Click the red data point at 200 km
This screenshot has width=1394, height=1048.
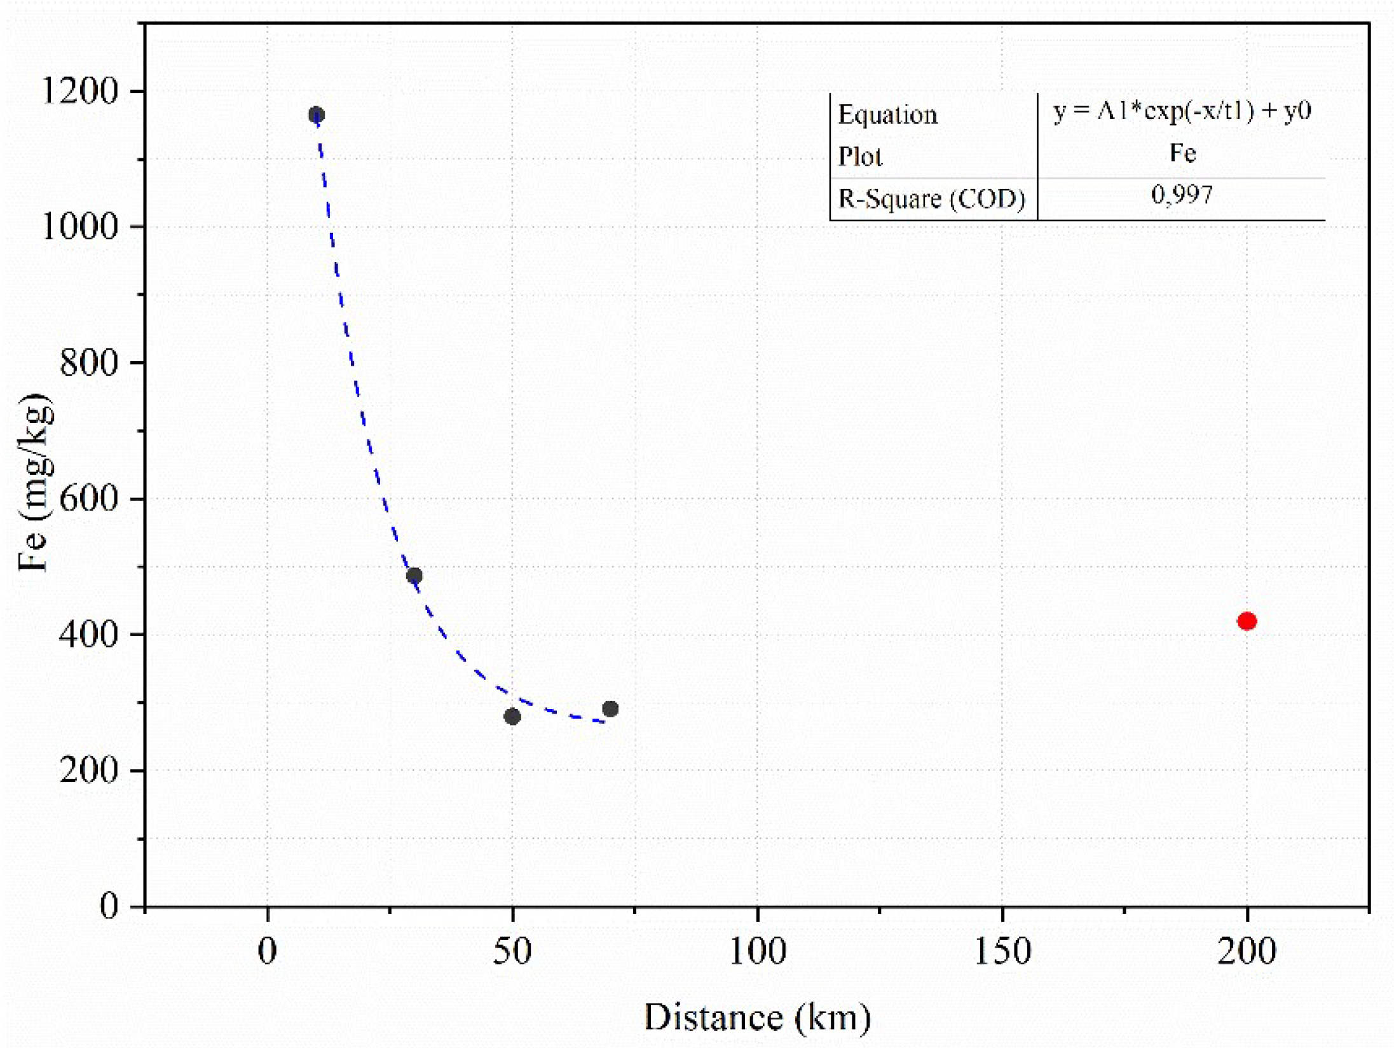(x=1247, y=621)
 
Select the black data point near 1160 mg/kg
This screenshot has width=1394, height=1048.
(x=317, y=115)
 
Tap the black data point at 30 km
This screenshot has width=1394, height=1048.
(x=414, y=576)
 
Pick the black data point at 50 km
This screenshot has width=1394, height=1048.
(x=512, y=717)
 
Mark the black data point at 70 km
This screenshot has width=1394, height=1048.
(x=610, y=708)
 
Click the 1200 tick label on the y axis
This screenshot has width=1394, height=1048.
(x=80, y=91)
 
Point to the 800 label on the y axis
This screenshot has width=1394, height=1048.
(x=90, y=362)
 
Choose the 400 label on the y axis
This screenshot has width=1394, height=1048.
(x=90, y=634)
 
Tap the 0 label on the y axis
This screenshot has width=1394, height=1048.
(x=110, y=906)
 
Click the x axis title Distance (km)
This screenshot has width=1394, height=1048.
(x=757, y=1017)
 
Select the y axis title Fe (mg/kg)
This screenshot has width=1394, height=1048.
(x=34, y=483)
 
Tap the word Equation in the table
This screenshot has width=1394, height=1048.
(x=888, y=115)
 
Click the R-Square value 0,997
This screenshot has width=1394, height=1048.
(x=1182, y=195)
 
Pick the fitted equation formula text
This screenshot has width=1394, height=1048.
(x=1182, y=111)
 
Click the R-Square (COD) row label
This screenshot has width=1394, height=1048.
(x=932, y=199)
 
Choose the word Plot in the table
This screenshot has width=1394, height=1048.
(x=860, y=156)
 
